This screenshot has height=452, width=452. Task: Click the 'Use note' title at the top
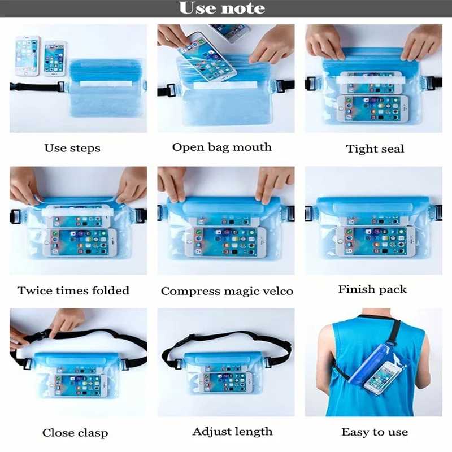tap(222, 8)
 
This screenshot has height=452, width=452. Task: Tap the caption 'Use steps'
tap(72, 148)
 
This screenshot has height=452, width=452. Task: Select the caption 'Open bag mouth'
tap(222, 147)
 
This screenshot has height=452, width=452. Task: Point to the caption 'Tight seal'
tap(375, 149)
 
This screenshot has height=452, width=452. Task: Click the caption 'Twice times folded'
tap(73, 290)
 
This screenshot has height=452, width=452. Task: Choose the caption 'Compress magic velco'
tap(227, 291)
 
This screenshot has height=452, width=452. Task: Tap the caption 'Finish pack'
tap(372, 289)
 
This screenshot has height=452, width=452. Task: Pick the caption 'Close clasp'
tap(75, 433)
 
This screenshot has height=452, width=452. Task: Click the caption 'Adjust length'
tap(233, 432)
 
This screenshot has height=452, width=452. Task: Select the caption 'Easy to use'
tap(375, 432)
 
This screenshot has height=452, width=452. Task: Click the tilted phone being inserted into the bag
tap(207, 58)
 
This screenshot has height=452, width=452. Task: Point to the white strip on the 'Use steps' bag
tap(106, 84)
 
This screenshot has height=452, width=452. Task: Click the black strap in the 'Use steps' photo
tap(36, 87)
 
